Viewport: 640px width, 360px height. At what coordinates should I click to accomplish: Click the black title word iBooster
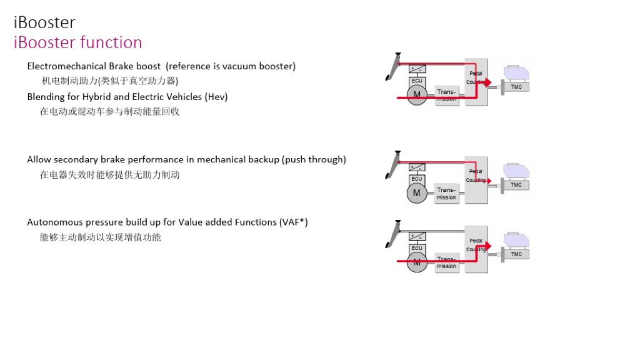pos(44,22)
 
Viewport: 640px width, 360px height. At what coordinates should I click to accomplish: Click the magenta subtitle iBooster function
pos(77,42)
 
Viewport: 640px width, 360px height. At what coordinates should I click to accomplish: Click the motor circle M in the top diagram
pos(417,95)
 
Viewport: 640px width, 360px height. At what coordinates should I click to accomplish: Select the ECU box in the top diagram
pos(417,81)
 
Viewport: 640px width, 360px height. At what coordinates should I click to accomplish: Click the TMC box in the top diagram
pos(516,87)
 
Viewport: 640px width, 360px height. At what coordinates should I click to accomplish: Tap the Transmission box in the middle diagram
pos(446,194)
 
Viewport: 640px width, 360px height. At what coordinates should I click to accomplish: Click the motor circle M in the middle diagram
pos(417,193)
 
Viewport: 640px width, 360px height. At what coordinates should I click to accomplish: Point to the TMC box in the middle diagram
pos(516,185)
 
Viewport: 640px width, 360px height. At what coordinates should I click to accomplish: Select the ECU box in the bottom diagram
pos(417,248)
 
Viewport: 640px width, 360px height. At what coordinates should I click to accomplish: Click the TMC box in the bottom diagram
pos(516,254)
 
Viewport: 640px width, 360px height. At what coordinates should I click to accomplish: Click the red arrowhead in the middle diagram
pos(489,181)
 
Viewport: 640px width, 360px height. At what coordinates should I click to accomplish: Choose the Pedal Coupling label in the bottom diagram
pos(476,245)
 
